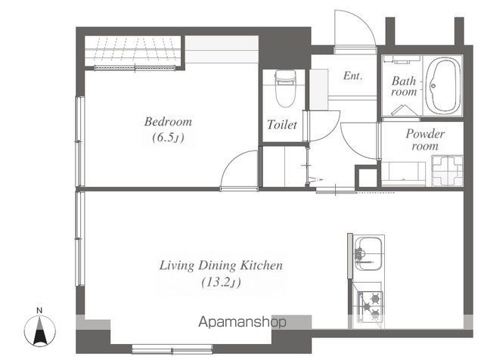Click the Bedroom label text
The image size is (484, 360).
click(x=168, y=122)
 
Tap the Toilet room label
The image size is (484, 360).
click(x=282, y=125)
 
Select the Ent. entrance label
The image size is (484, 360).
click(x=353, y=76)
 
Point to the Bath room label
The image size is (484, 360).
click(x=404, y=86)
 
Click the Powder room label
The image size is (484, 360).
click(x=425, y=140)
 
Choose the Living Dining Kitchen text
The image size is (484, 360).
click(x=221, y=265)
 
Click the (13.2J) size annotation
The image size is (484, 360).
click(x=221, y=283)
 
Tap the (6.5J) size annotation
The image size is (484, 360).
click(x=168, y=138)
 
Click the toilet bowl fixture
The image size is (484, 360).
click(x=285, y=88)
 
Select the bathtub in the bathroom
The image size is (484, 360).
click(x=443, y=87)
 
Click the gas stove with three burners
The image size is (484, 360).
click(x=371, y=306)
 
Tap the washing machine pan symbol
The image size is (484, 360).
click(x=447, y=171)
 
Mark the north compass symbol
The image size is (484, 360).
click(x=40, y=332)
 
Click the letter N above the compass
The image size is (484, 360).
click(x=39, y=311)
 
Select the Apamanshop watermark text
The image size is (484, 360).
click(x=242, y=322)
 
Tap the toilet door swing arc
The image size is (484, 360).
click(x=330, y=131)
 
